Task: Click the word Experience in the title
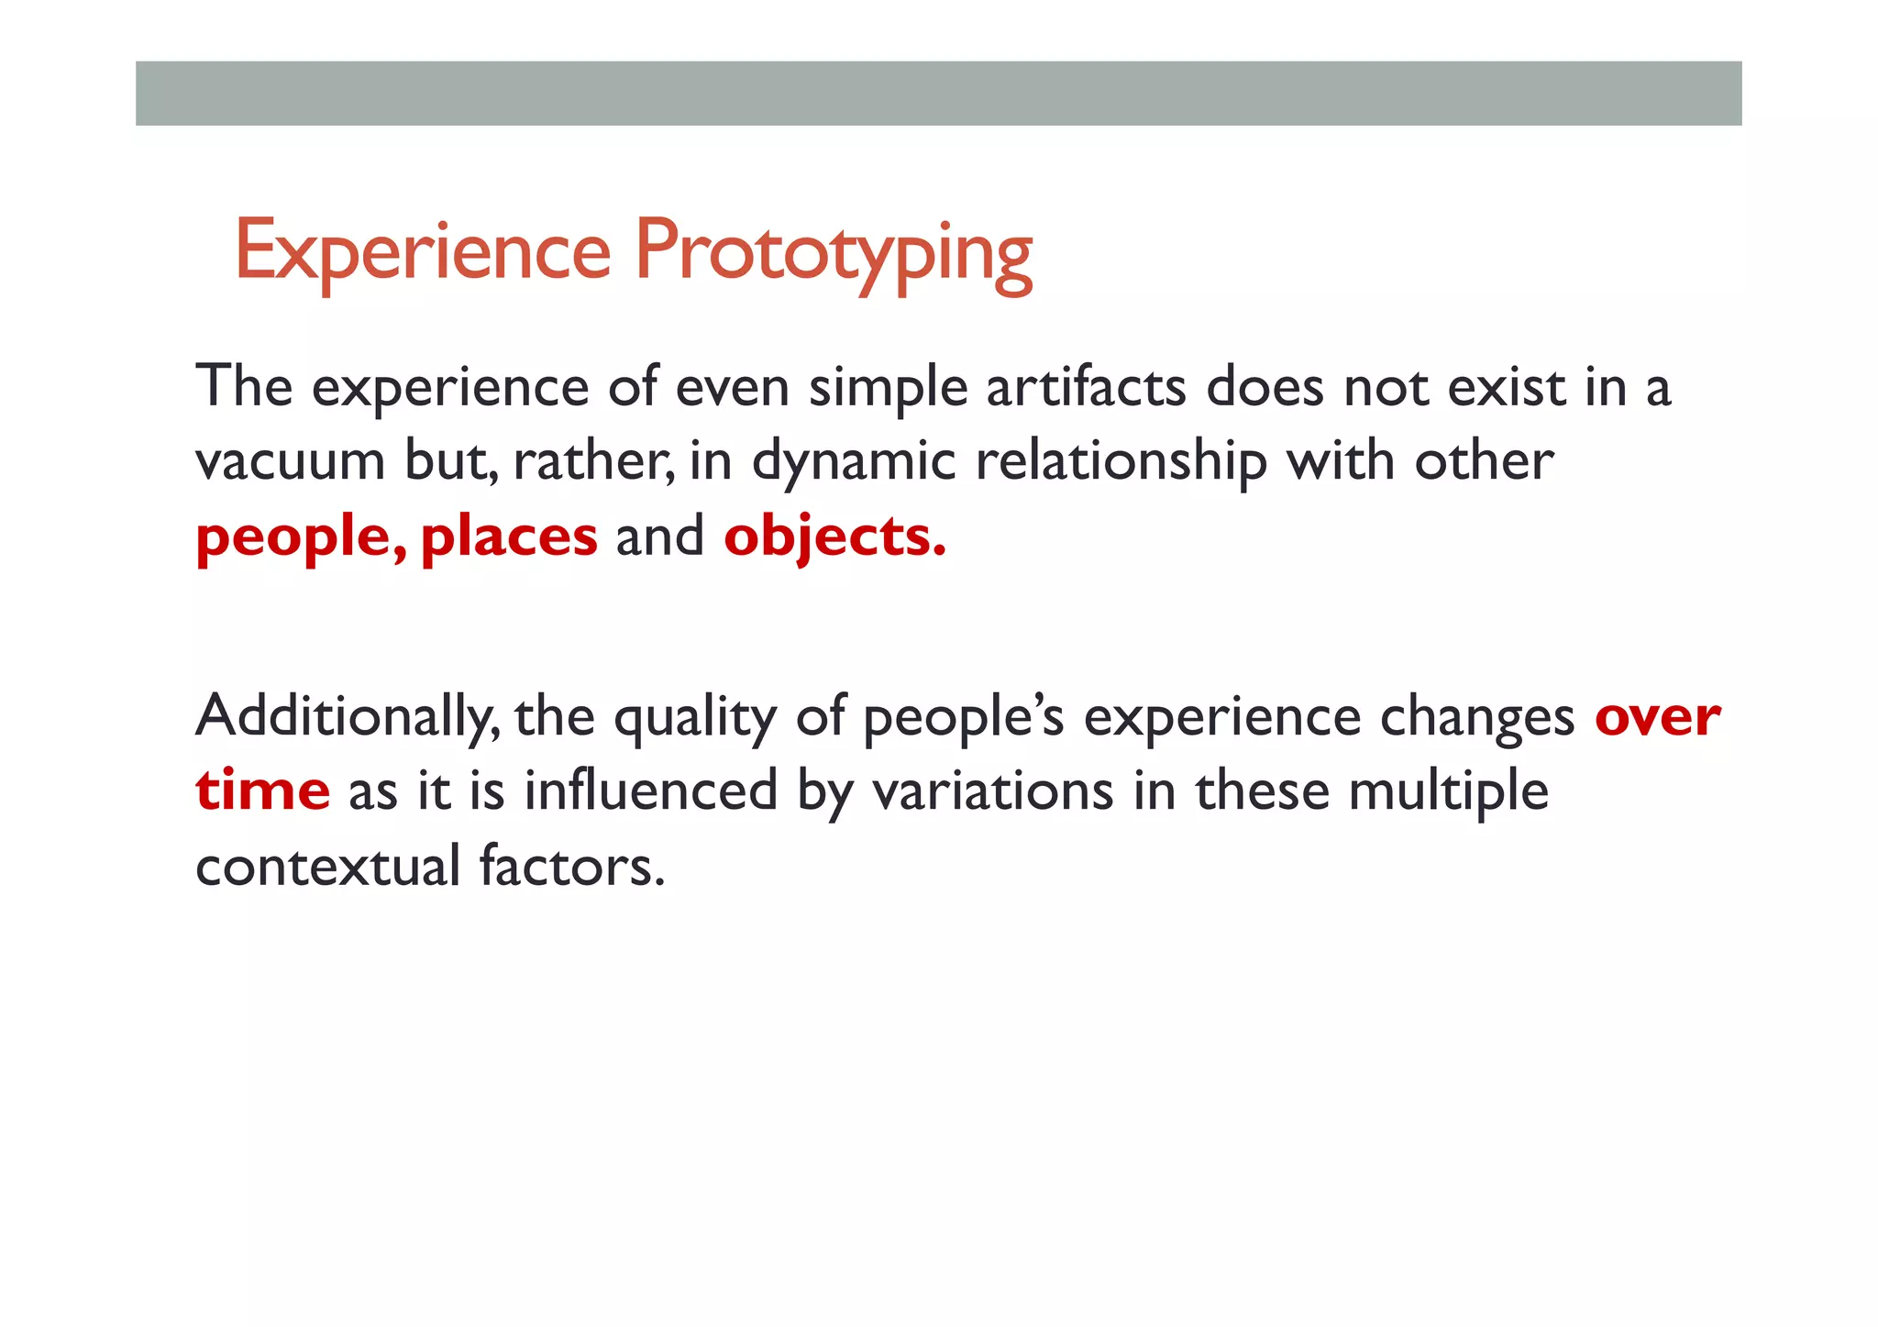423,251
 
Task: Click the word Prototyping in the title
834,251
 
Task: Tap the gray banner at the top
938,93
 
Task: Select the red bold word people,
301,537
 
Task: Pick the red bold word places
509,536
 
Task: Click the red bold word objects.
834,536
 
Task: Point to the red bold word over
1657,717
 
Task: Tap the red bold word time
262,791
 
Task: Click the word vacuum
290,461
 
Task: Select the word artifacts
1086,387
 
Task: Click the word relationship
1121,461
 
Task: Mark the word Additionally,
348,717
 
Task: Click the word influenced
650,791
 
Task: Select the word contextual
327,866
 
